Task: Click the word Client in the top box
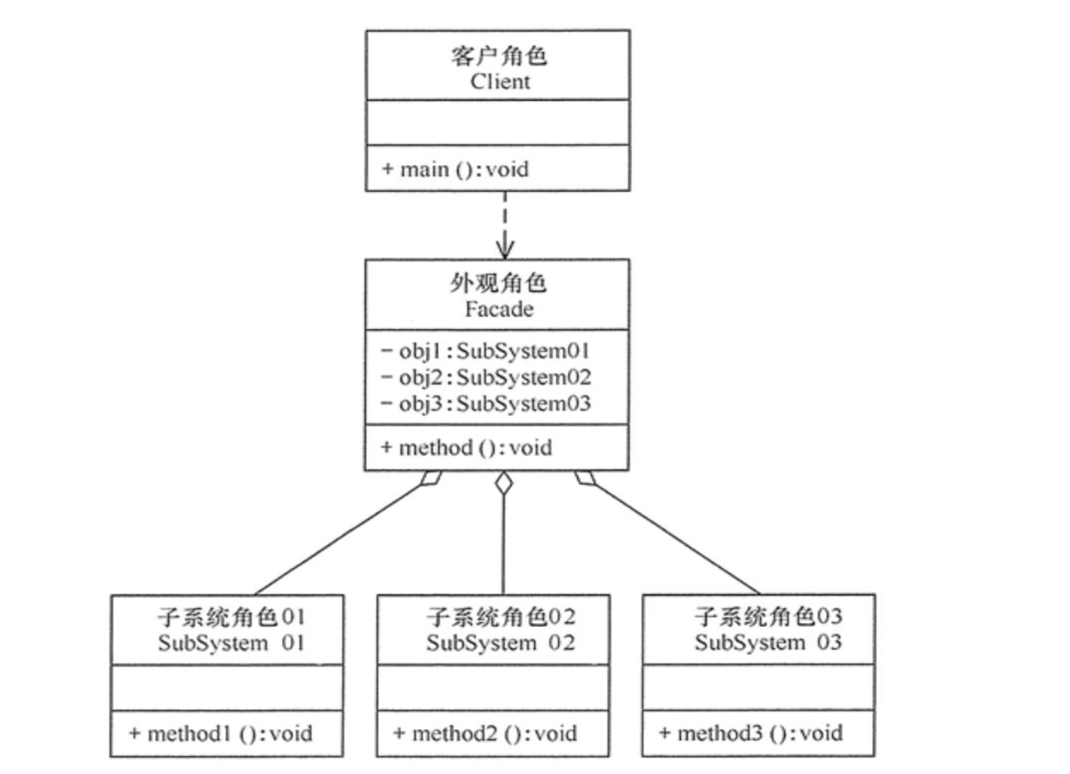(500, 81)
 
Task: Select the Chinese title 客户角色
(499, 56)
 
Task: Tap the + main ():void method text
(455, 169)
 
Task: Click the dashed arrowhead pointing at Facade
(504, 250)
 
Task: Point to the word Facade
(499, 309)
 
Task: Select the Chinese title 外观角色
(498, 283)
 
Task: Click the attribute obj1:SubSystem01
(485, 351)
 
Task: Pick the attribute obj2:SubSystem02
(485, 377)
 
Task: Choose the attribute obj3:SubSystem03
(485, 403)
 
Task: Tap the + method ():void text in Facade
(466, 447)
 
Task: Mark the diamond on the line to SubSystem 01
(431, 478)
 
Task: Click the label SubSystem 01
(231, 643)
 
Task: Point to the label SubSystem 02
(500, 643)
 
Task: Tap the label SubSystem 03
(768, 642)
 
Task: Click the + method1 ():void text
(221, 733)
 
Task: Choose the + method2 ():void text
(485, 733)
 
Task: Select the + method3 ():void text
(750, 733)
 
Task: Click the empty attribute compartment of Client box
(497, 122)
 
